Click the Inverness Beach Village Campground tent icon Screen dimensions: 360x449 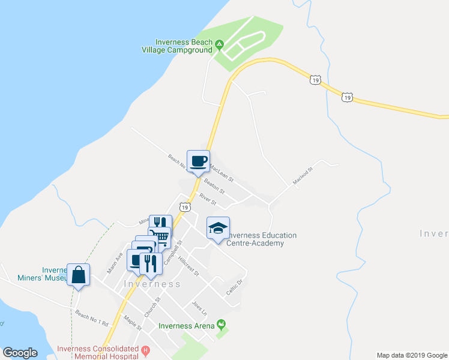pyautogui.click(x=220, y=43)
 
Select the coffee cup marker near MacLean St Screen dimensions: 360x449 pyautogui.click(x=199, y=161)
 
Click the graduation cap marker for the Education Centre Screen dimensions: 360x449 pyautogui.click(x=218, y=228)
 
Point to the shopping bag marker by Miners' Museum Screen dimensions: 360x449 pyautogui.click(x=79, y=275)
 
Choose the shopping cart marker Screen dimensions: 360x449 pyautogui.click(x=159, y=236)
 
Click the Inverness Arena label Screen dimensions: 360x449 pyautogui.click(x=186, y=326)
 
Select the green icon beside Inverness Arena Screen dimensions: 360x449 pyautogui.click(x=222, y=325)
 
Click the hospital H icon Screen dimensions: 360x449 pyautogui.click(x=145, y=350)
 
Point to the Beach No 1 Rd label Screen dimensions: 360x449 pyautogui.click(x=91, y=318)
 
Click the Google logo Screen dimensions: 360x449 pyautogui.click(x=20, y=353)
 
